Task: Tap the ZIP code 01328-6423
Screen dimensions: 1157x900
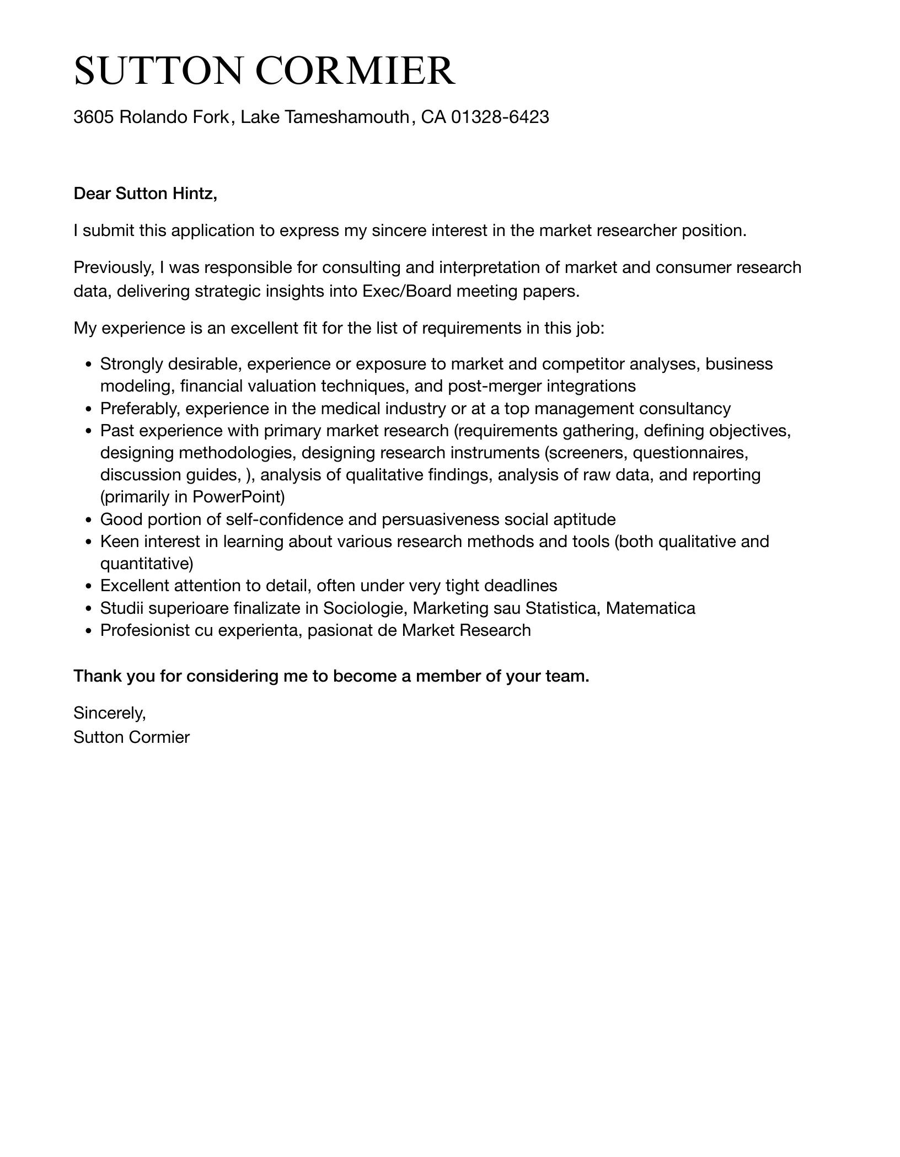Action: pos(500,117)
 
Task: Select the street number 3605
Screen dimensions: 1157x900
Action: pos(94,117)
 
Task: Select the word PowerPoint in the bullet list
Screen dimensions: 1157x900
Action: pos(238,497)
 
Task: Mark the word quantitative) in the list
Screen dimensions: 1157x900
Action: pos(147,563)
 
